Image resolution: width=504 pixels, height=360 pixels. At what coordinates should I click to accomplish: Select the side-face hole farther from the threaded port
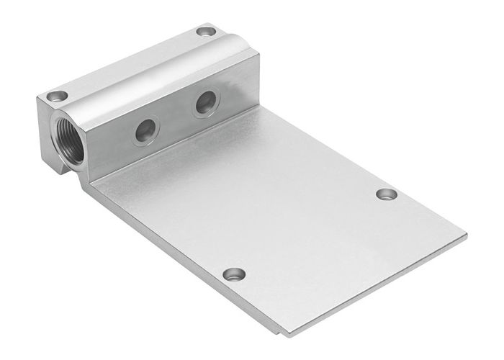[204, 105]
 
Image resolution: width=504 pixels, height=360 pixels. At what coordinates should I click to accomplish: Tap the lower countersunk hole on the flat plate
[233, 274]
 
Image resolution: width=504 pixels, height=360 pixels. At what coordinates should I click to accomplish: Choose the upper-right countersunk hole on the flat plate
[387, 194]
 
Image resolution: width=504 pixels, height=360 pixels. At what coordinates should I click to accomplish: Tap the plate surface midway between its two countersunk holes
[310, 234]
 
